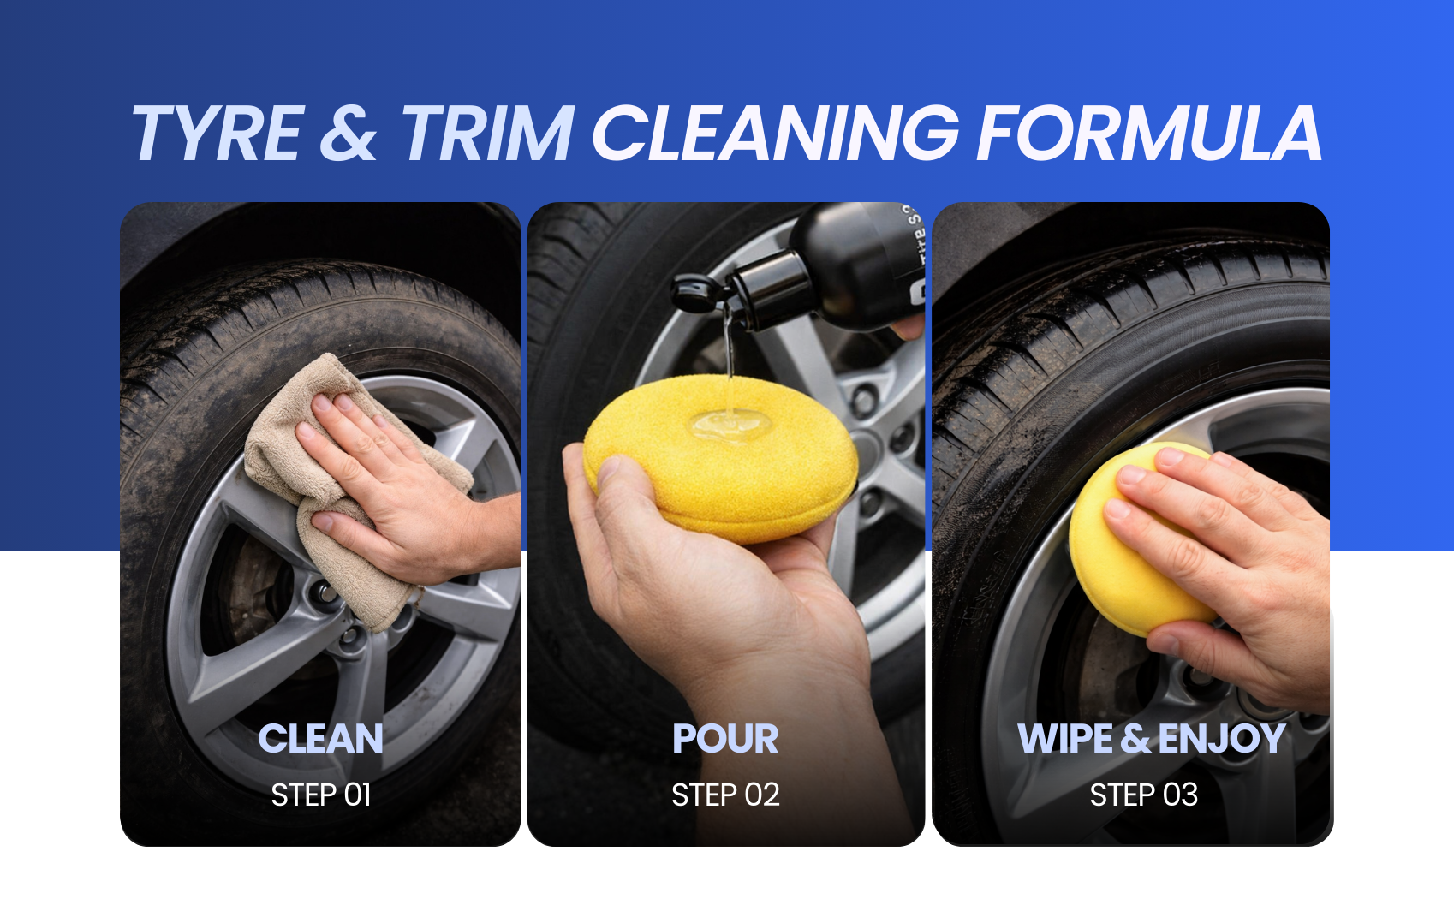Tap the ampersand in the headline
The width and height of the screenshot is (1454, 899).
click(349, 133)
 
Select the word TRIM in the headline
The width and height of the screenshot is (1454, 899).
click(487, 133)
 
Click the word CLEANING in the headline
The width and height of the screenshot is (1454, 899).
click(775, 133)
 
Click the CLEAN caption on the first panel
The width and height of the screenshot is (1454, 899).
click(320, 739)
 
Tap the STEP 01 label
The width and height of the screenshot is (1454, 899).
click(320, 795)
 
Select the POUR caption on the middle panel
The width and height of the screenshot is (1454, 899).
click(725, 739)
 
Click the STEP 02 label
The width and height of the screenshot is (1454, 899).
click(725, 795)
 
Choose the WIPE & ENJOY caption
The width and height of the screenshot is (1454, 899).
click(1151, 739)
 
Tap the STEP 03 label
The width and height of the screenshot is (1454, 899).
click(1144, 795)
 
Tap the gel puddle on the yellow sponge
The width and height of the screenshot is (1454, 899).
click(730, 425)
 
